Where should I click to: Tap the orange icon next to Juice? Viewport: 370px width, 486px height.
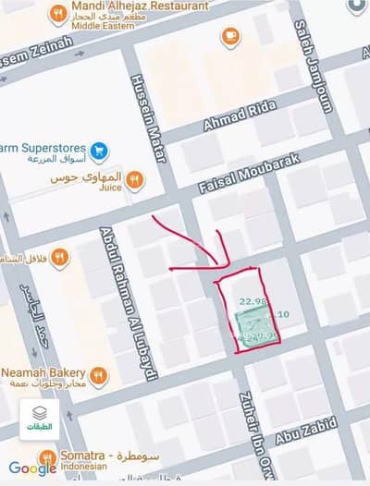(x=135, y=177)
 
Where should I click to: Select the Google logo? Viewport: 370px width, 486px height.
(x=31, y=468)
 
